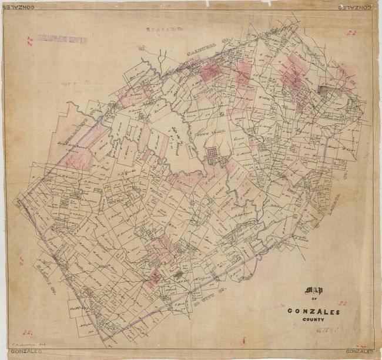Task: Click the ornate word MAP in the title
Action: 314,291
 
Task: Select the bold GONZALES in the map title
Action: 314,311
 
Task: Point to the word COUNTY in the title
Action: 313,321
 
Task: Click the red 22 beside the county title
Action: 344,304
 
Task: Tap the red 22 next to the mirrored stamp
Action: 29,40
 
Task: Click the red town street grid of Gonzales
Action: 212,155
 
